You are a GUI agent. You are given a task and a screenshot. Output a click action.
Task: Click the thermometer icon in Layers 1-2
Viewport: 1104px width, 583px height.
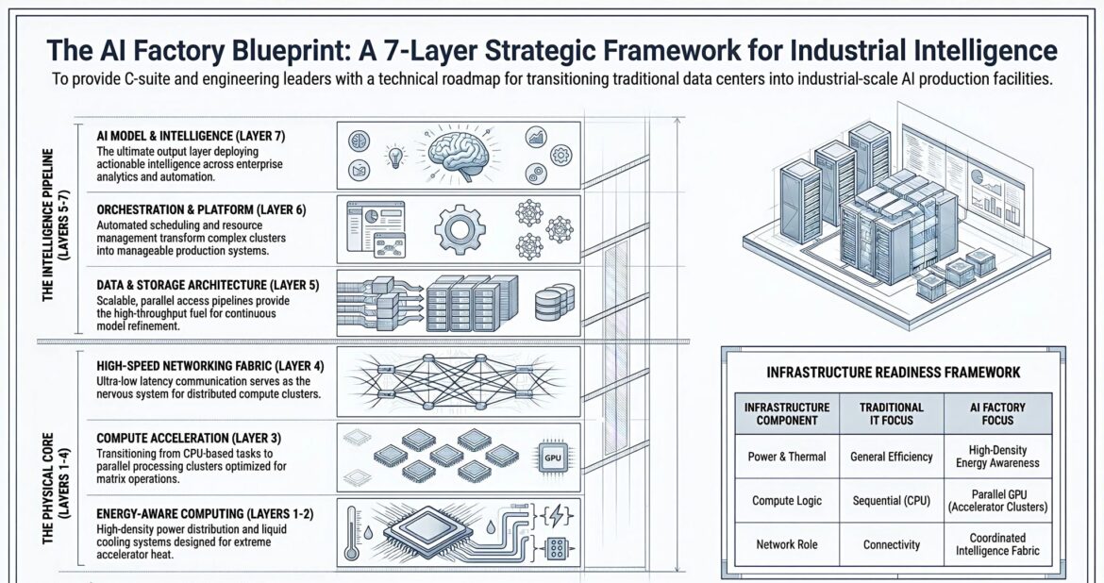tap(353, 532)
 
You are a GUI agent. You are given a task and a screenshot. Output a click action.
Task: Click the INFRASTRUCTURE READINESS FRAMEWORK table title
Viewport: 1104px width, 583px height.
tap(893, 373)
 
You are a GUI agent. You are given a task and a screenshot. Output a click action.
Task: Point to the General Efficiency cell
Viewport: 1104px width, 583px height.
tap(892, 457)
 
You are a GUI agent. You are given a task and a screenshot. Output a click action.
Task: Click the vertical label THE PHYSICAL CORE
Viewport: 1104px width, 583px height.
tap(55, 460)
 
